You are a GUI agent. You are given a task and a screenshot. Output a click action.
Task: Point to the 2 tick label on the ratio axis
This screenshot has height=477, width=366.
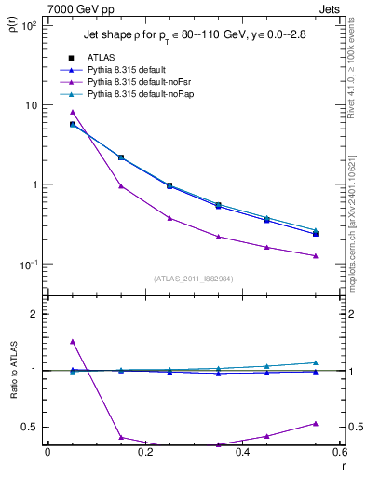point(34,314)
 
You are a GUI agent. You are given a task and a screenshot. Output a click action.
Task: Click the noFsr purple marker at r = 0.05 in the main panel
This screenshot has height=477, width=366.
point(73,113)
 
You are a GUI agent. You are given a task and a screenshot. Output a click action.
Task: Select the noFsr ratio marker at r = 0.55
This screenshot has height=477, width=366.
point(316,423)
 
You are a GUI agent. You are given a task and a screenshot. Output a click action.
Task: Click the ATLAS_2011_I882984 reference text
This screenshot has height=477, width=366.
point(194,278)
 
